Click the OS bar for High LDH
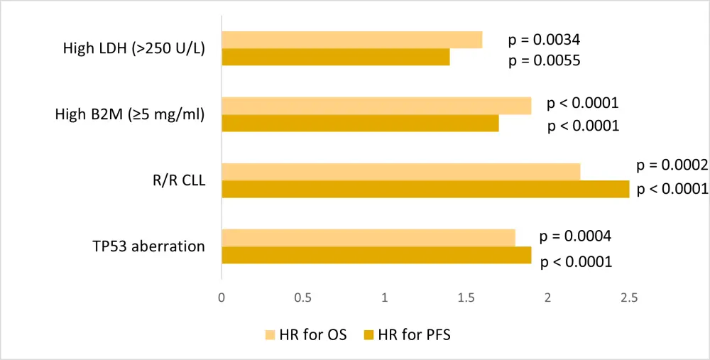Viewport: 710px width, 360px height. pos(351,40)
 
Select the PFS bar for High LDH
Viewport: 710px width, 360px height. pos(335,57)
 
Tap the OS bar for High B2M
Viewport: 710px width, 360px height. pos(376,106)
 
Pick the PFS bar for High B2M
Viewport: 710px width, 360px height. pos(360,123)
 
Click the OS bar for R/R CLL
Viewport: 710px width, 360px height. pos(400,172)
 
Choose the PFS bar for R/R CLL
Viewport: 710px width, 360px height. pos(425,189)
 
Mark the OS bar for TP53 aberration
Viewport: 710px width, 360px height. pos(368,238)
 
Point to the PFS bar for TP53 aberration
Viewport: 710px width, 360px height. pos(376,255)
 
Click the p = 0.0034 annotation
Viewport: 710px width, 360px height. pos(545,40)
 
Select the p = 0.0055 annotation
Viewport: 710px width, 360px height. pos(545,60)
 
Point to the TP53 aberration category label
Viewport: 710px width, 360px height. pos(148,246)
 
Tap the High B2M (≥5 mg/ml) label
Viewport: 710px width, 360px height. pos(130,114)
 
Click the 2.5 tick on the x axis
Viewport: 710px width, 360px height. pos(629,298)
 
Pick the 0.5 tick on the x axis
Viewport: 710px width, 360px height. pos(303,298)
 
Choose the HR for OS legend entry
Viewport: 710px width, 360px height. pos(306,334)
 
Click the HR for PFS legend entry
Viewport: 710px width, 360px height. pos(407,334)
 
